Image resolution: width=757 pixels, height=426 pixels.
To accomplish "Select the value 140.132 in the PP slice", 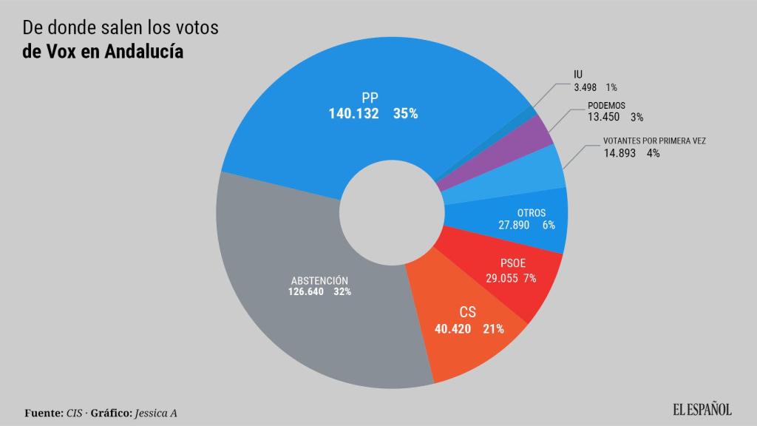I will point(353,114).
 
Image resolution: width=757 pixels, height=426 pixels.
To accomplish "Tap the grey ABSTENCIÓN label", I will point(319,280).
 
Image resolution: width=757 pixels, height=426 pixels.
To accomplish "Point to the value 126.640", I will point(305,291).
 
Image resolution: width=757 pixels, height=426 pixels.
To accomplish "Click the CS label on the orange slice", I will point(467,312).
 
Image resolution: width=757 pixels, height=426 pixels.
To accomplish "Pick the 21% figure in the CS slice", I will point(493,328).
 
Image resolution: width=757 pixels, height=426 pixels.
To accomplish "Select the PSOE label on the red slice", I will point(513,263).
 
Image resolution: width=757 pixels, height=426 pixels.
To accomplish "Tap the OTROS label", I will point(532,213).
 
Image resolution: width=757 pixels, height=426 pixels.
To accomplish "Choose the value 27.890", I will point(514,225).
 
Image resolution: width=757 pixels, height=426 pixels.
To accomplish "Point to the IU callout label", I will point(578,74).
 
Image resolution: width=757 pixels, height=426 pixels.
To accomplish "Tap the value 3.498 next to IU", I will point(589,87).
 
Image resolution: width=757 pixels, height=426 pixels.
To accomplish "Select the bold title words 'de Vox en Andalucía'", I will point(103,52).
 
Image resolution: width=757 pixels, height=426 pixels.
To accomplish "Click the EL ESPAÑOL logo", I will point(702,409).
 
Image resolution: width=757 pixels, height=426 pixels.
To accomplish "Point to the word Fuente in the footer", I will point(43,412).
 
